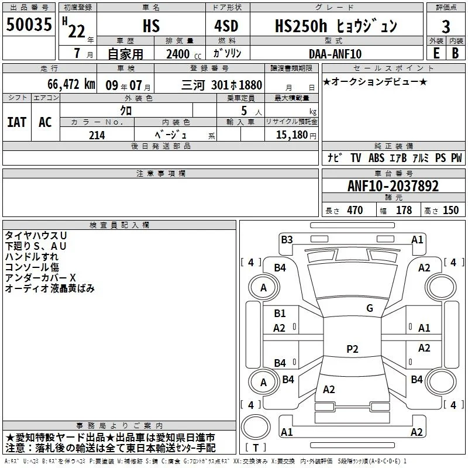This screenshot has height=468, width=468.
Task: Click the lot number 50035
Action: (x=29, y=24)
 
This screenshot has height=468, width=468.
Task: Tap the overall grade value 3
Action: (x=446, y=26)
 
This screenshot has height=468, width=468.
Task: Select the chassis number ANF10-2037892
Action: (x=393, y=186)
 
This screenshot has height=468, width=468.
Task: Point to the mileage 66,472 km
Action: (x=71, y=84)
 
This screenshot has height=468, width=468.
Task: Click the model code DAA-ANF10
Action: (x=335, y=54)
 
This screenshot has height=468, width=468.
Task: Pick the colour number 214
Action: (x=97, y=135)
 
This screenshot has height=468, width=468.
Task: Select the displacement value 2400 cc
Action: (x=184, y=54)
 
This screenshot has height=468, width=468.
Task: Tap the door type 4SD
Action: (x=226, y=26)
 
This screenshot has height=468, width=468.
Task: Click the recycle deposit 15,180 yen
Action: (x=296, y=135)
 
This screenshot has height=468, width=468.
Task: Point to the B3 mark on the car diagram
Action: (x=287, y=240)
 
